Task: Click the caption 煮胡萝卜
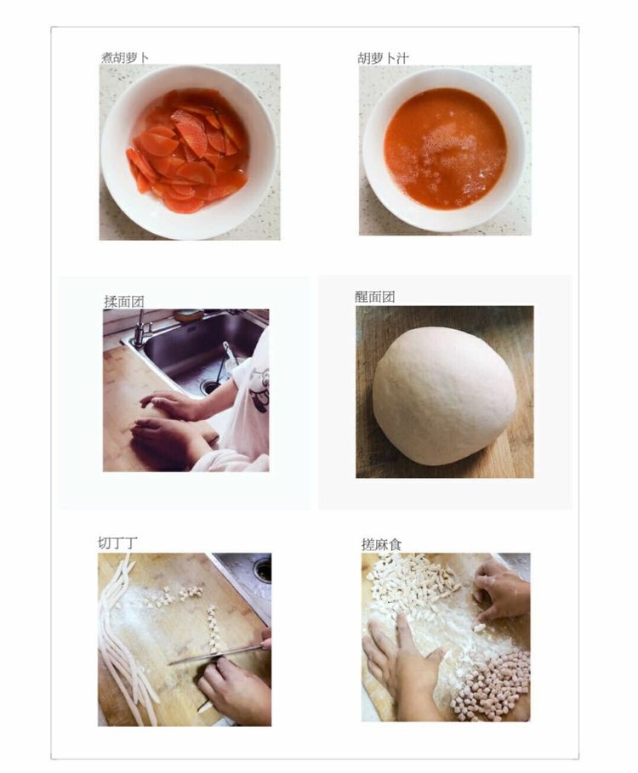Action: (125, 58)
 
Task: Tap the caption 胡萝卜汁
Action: (383, 59)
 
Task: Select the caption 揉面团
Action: (123, 301)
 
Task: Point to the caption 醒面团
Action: (374, 297)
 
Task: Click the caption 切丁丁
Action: (117, 543)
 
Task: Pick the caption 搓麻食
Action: (381, 544)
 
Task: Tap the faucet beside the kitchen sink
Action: (140, 328)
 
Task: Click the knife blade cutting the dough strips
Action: (216, 655)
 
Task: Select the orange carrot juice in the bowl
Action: (445, 149)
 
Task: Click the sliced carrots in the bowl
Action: (187, 151)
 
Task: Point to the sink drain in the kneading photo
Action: (210, 386)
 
